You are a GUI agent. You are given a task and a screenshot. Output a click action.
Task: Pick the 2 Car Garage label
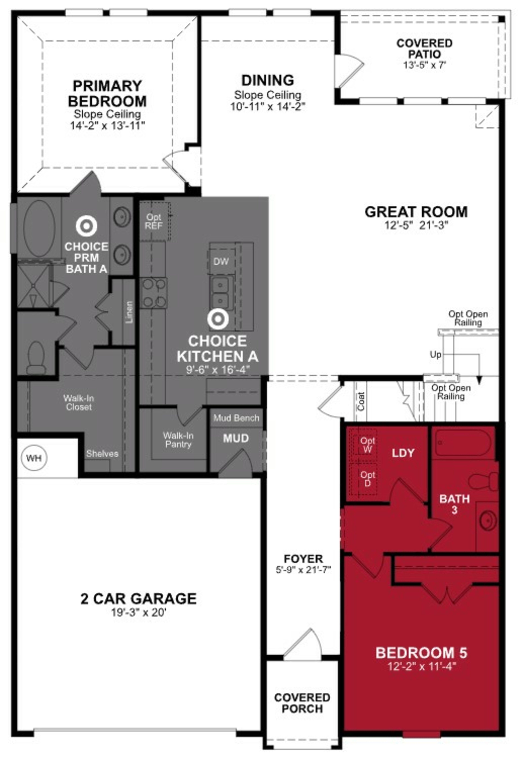coord(138,599)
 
